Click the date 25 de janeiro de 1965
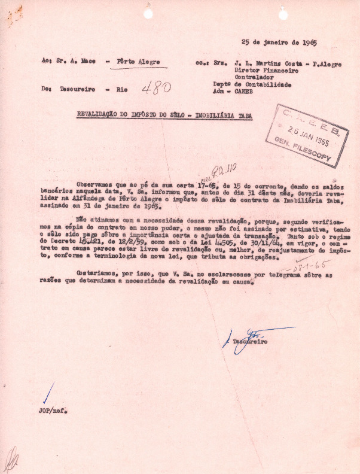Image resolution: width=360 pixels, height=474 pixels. (x=279, y=43)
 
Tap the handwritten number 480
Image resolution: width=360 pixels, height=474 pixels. (x=157, y=89)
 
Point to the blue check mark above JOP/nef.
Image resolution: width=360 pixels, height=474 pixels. (x=48, y=394)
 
